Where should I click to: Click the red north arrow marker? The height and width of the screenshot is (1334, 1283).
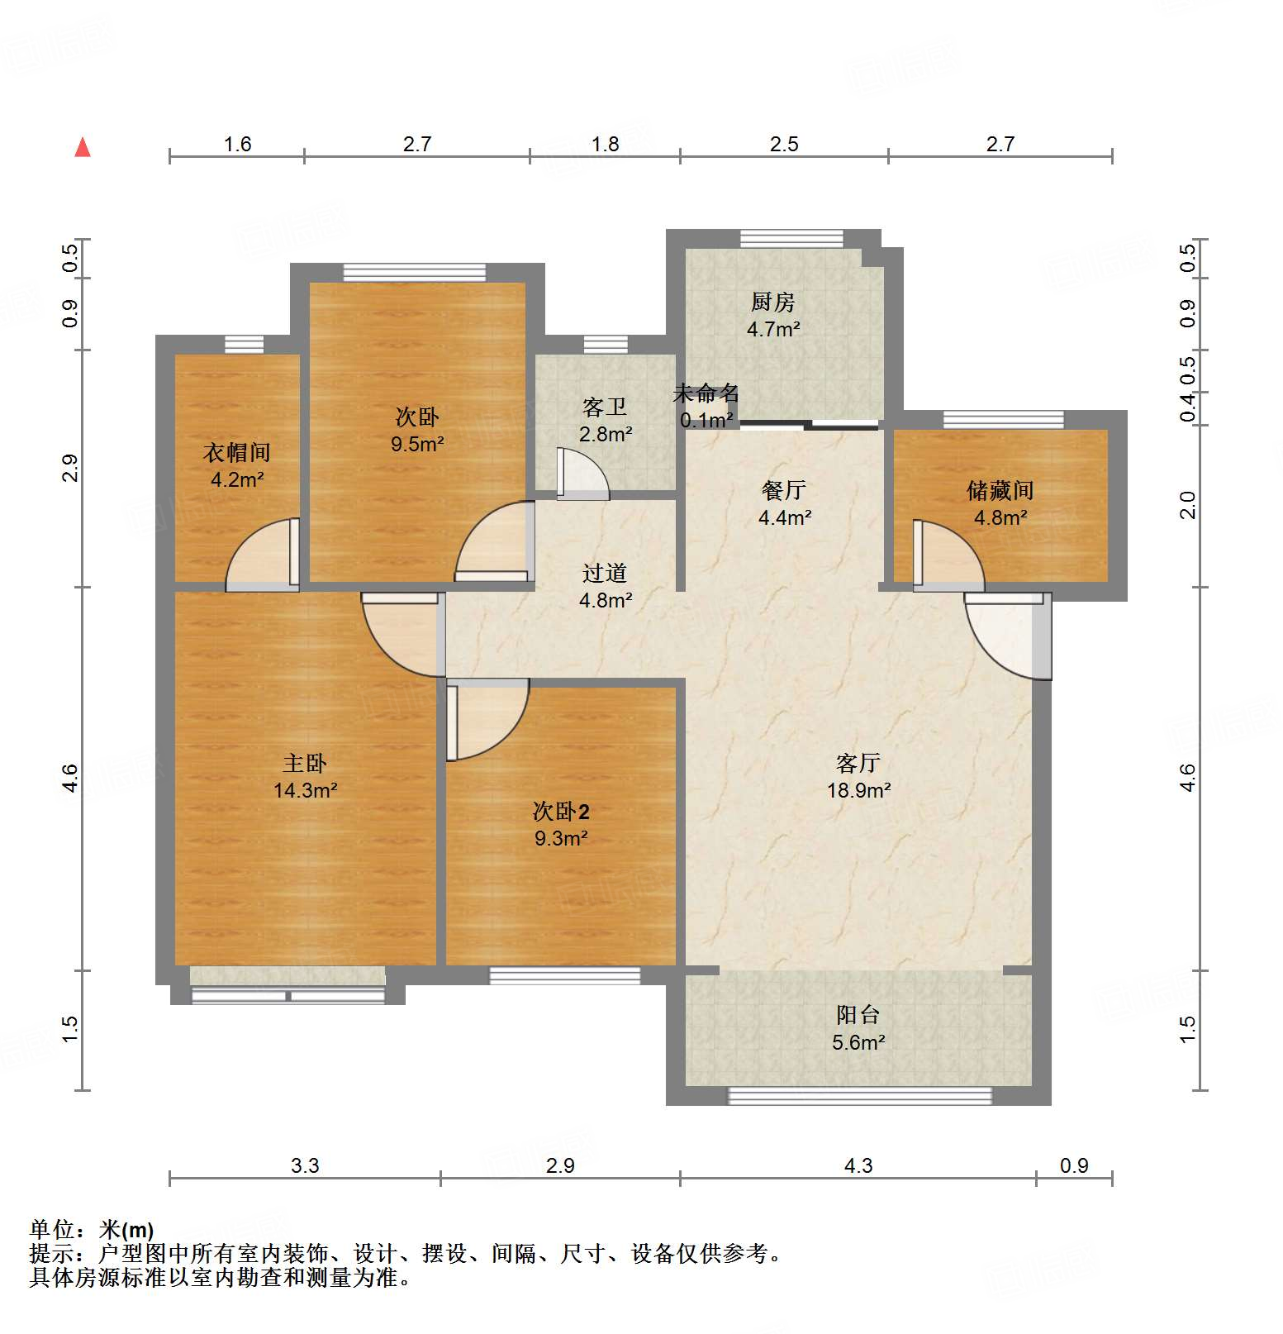(83, 148)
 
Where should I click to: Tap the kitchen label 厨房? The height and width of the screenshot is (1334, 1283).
(772, 302)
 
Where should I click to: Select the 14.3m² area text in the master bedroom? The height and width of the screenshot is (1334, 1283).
(305, 791)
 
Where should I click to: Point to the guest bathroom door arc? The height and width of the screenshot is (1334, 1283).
(582, 474)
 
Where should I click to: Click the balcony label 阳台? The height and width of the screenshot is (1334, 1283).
(858, 1015)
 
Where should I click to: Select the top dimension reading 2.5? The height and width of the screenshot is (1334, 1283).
(784, 145)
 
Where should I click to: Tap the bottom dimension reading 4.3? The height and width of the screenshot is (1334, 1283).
(858, 1165)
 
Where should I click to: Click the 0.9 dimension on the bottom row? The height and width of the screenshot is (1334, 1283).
(1074, 1165)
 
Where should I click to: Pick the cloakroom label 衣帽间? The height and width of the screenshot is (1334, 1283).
(236, 452)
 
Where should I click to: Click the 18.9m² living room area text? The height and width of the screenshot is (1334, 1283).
(858, 791)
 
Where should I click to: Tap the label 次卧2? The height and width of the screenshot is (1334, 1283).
(561, 812)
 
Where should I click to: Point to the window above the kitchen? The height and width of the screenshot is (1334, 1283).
(791, 239)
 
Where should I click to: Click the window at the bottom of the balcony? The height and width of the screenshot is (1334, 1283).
(859, 1096)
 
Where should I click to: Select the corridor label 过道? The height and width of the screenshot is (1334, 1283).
(605, 573)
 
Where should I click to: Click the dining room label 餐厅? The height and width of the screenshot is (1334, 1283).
(783, 490)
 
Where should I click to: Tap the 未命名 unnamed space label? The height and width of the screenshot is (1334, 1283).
(706, 393)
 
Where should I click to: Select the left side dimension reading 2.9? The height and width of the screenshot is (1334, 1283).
(71, 468)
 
